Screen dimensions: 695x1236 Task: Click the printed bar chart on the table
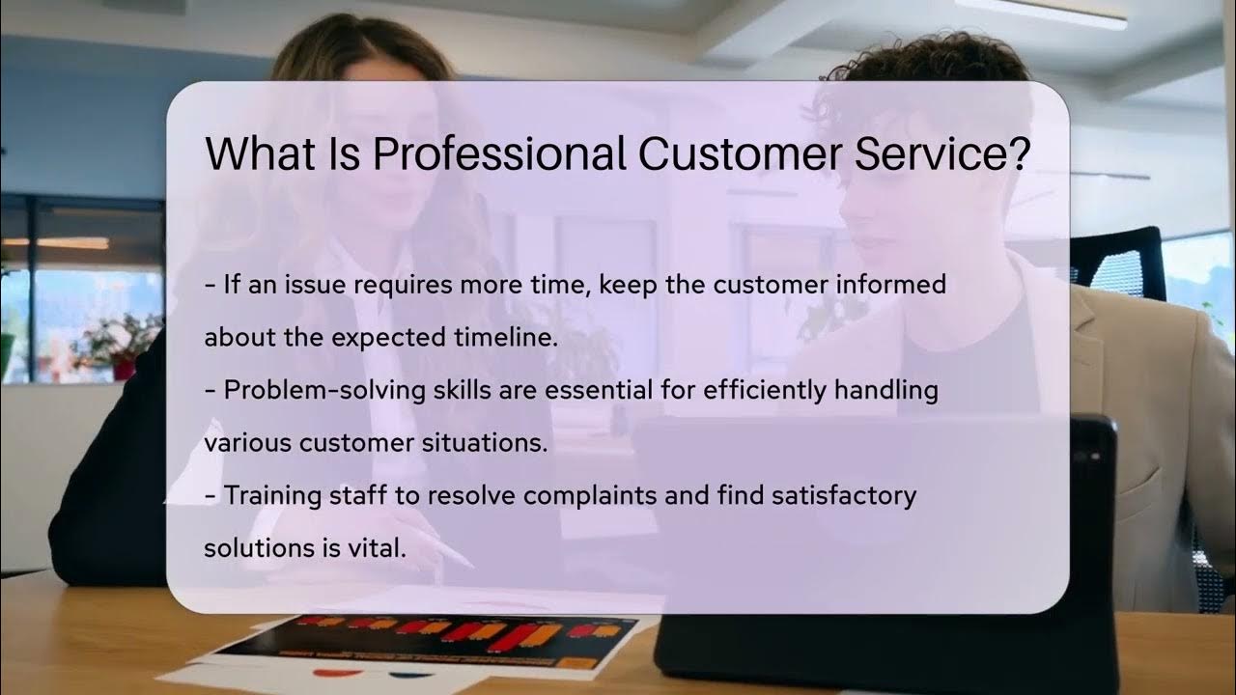[x=444, y=640]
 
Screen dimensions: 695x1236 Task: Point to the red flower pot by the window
[x=124, y=369]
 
